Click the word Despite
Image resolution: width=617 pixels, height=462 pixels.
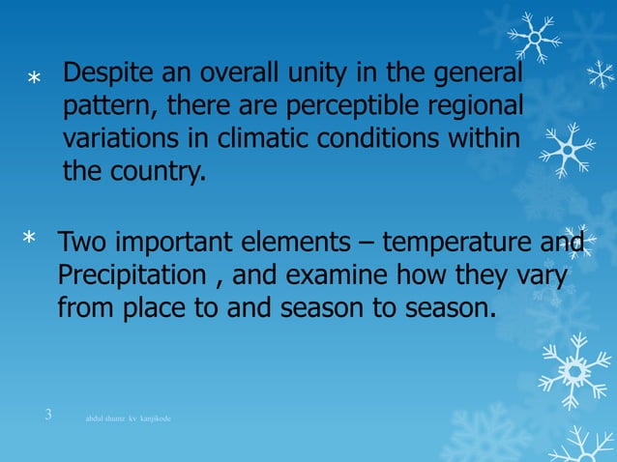(x=105, y=74)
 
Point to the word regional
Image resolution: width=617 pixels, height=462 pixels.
(x=481, y=107)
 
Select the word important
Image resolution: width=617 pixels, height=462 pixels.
(x=179, y=243)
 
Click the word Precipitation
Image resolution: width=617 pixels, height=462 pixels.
(x=133, y=276)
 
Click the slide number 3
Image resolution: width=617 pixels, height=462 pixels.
(x=48, y=416)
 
